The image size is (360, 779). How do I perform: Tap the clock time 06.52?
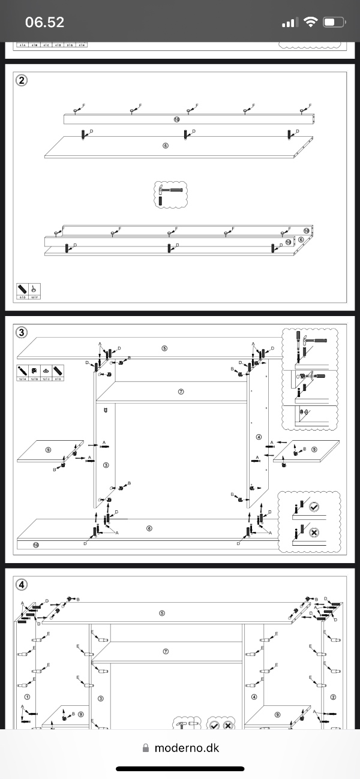[44, 23]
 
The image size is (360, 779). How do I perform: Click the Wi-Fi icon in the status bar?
[310, 23]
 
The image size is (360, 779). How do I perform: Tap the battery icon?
[334, 23]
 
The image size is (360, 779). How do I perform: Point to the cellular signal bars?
[289, 23]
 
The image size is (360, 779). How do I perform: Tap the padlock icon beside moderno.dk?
[145, 748]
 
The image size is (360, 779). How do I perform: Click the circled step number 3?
[22, 332]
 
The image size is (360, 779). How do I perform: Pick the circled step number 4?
[22, 584]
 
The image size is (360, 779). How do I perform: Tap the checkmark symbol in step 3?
[313, 507]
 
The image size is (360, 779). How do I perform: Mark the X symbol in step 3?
[313, 533]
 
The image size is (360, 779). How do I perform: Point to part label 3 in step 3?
[106, 464]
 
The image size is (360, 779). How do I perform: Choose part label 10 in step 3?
[36, 545]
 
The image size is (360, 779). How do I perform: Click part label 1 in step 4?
[26, 697]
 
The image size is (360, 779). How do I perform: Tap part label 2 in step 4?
[332, 697]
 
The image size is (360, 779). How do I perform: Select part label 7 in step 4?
[166, 651]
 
